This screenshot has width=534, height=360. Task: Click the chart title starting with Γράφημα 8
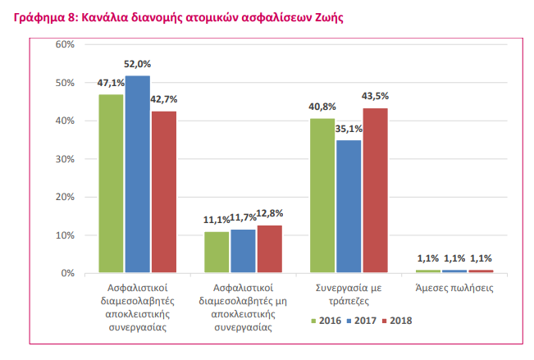click(173, 16)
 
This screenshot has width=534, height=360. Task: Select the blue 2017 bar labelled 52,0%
click(138, 174)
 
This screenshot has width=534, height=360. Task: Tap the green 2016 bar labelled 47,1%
click(112, 183)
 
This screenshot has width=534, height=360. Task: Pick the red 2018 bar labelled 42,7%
click(164, 191)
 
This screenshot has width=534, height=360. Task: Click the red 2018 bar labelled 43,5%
click(375, 190)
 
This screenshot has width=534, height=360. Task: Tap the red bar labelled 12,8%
click(270, 248)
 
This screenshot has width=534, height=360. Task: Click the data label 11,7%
click(244, 219)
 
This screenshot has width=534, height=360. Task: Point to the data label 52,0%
click(138, 63)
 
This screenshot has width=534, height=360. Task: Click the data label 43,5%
click(376, 96)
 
